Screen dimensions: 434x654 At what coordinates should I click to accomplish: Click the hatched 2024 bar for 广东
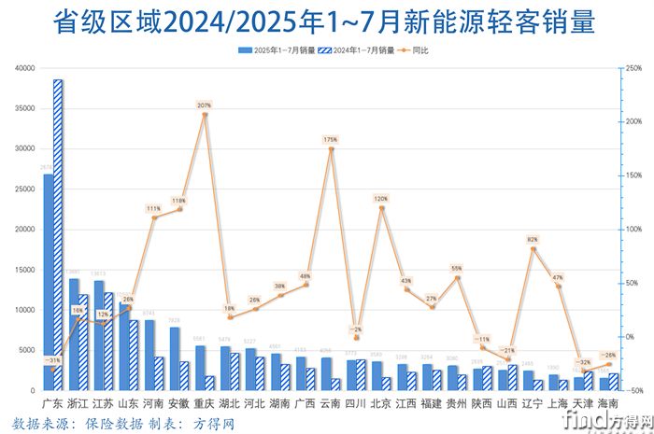point(58,233)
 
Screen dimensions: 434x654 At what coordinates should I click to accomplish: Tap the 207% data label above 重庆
point(205,105)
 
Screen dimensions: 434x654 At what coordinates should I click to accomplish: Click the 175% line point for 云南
point(331,148)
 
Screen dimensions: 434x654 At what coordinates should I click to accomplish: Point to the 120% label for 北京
point(381,199)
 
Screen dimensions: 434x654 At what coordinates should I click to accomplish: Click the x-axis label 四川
point(356,404)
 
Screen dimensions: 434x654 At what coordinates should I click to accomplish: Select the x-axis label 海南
point(609,404)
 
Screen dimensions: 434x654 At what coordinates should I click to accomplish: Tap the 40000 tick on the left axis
point(25,68)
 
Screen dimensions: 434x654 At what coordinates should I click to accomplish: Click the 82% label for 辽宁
point(533,240)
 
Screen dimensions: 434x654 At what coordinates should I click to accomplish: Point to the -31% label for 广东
point(53,360)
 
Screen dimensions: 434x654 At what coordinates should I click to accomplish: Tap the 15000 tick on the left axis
point(25,270)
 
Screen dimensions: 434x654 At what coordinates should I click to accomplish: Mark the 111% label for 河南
point(154,208)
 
